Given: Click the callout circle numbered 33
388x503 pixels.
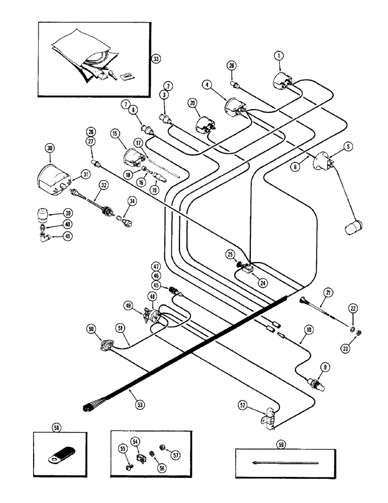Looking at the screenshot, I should click(156, 59).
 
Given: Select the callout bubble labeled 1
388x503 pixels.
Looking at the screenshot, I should click(278, 55).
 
